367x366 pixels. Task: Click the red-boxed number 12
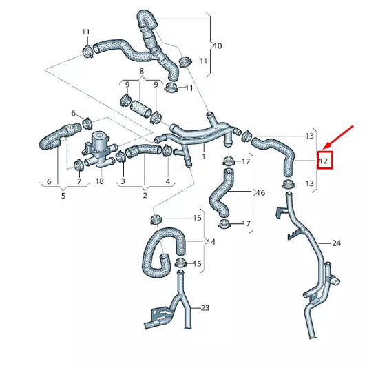pos(324,161)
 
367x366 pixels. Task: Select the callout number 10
pos(217,46)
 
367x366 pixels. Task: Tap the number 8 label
pos(141,71)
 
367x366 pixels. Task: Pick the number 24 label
pos(336,243)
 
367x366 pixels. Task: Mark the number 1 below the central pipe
pos(203,157)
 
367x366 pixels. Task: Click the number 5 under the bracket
pos(63,195)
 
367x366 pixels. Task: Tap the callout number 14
pos(211,242)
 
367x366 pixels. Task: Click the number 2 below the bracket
pos(145,195)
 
